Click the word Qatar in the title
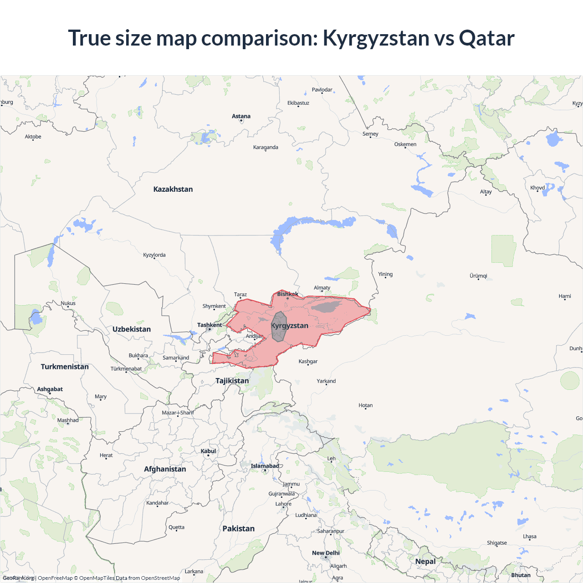[486, 38]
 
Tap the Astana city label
[241, 116]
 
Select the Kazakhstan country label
[173, 189]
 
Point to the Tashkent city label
[210, 325]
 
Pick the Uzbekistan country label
[132, 329]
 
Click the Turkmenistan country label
[65, 367]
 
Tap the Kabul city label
[208, 451]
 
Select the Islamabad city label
[265, 466]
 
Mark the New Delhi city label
[326, 553]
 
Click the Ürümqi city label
[478, 276]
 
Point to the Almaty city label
[322, 287]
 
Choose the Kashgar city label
[308, 361]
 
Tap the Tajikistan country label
[232, 381]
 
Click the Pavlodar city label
[322, 90]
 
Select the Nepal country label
[425, 561]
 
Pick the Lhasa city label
[530, 536]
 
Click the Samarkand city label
[176, 358]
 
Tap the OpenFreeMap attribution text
[55, 578]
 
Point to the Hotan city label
[365, 405]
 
